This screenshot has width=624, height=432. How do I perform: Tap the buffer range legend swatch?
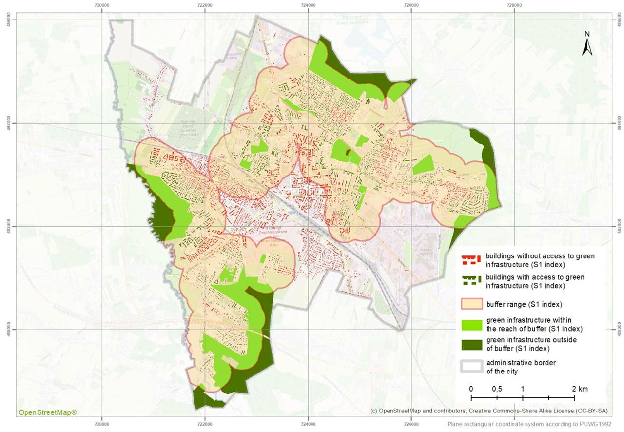[471, 304]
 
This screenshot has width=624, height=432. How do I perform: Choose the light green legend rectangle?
[471, 324]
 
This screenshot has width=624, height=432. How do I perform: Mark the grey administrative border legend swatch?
[471, 367]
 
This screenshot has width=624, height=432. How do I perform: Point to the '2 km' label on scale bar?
[580, 389]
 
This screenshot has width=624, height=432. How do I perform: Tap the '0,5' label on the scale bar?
[497, 389]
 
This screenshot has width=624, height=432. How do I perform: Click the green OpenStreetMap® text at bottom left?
[47, 412]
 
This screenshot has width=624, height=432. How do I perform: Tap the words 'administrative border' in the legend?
[521, 363]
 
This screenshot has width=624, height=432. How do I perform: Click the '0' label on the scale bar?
[471, 389]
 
